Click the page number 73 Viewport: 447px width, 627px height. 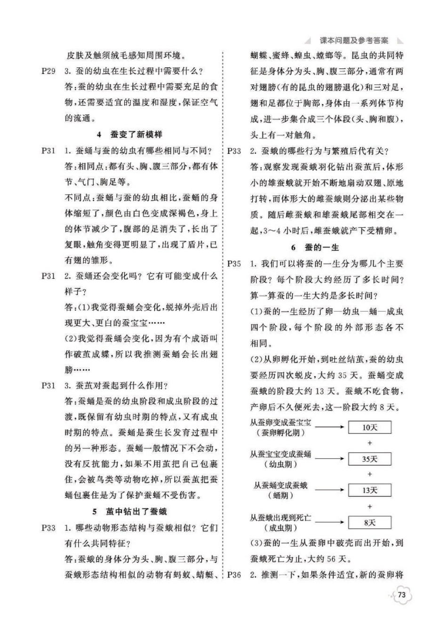(401, 595)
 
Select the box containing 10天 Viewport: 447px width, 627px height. (369, 428)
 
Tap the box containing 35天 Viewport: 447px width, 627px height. (369, 459)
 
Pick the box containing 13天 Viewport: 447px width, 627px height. (369, 490)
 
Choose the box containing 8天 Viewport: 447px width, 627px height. (369, 522)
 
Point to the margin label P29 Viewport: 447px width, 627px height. (48, 72)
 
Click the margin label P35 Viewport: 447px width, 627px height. (234, 264)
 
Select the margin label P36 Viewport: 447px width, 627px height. (234, 575)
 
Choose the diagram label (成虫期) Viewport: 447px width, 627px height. (281, 528)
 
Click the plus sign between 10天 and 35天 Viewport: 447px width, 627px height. (369, 443)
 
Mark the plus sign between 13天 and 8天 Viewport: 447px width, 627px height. (369, 506)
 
